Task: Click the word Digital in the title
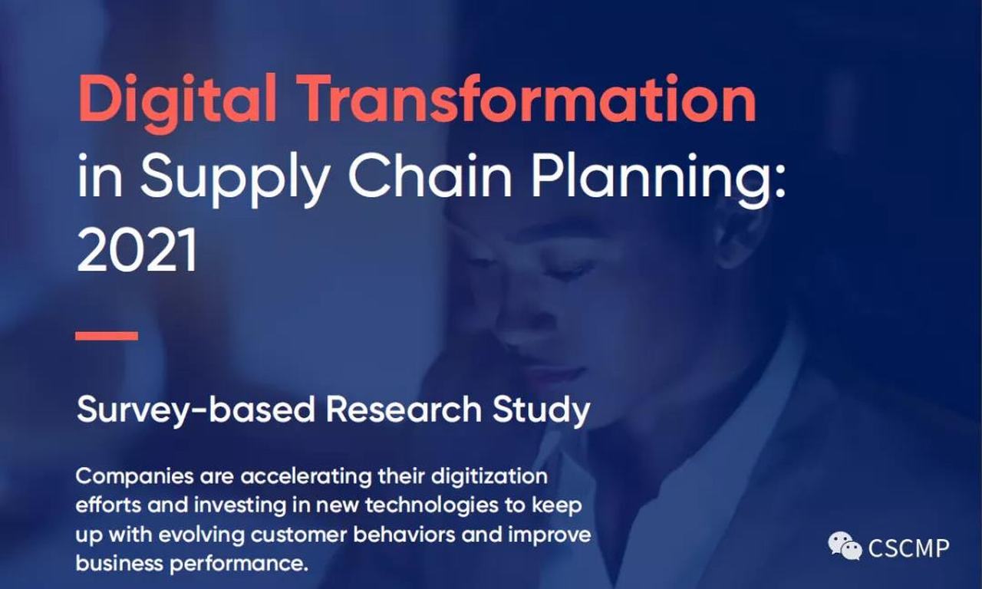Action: point(177,102)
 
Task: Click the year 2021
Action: point(137,250)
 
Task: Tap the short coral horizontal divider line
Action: point(107,336)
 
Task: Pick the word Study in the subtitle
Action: point(541,410)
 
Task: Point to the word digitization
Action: point(489,478)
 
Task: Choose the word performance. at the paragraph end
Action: point(239,564)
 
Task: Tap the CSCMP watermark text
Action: point(908,548)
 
